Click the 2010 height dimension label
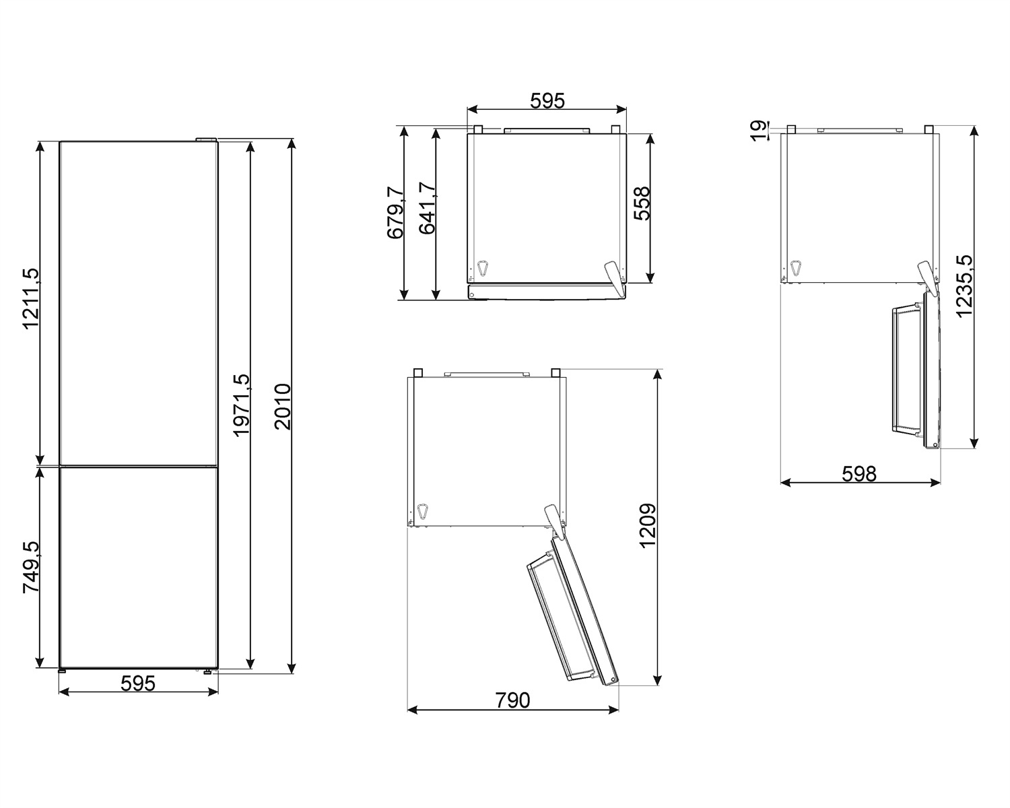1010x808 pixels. [x=283, y=407]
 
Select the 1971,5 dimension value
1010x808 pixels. [x=242, y=405]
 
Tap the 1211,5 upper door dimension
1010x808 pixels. [x=31, y=298]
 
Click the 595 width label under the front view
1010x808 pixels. [x=138, y=683]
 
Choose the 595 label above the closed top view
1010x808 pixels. [x=547, y=101]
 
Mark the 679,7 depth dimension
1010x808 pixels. [x=395, y=212]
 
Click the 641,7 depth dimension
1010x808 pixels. [x=428, y=208]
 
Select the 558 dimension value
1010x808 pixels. [x=642, y=203]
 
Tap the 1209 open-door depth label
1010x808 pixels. [x=648, y=526]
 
